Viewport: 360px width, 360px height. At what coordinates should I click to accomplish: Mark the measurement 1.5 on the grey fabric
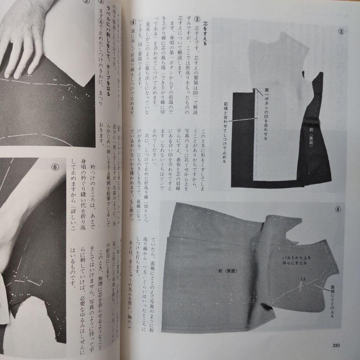tap(303, 279)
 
